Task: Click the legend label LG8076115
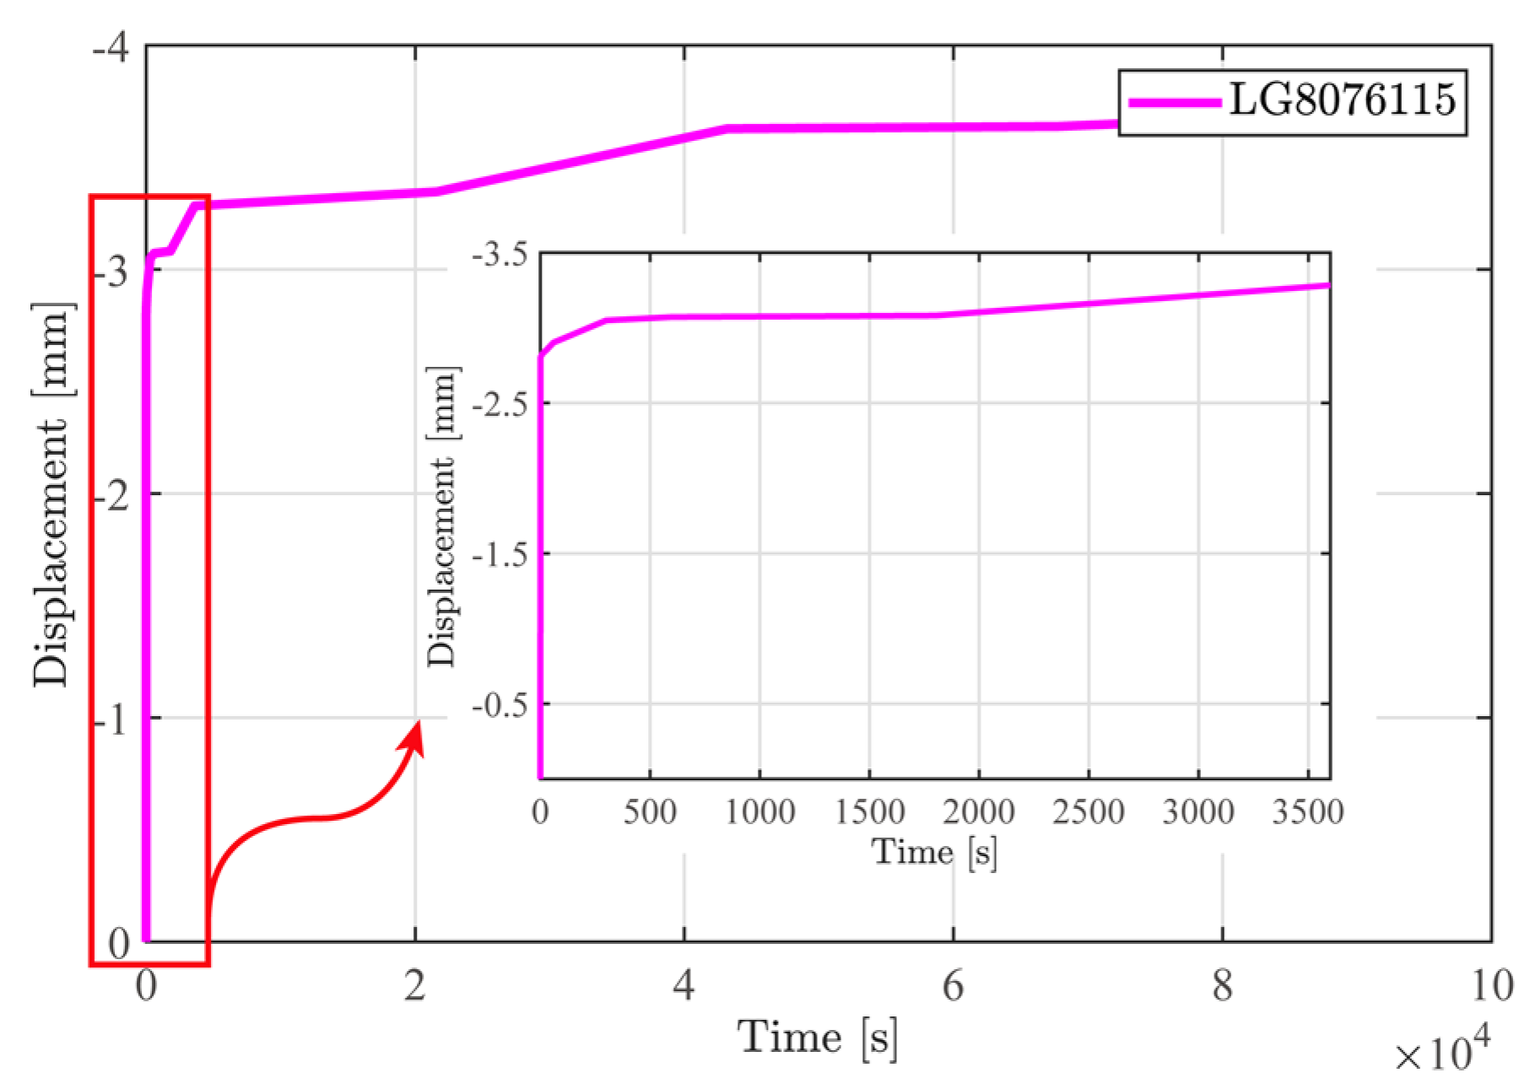[1342, 100]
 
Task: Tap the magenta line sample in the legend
[1175, 102]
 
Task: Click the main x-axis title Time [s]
[817, 1037]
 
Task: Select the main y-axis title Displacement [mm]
[52, 493]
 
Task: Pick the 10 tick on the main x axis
[1491, 985]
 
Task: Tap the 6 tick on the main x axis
[953, 985]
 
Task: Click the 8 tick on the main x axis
[1222, 985]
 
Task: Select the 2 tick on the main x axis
[414, 985]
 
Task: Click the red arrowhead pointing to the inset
[414, 737]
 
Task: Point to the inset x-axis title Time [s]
[934, 852]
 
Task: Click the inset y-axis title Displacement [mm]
[442, 516]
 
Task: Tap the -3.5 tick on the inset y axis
[500, 254]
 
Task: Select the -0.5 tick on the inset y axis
[500, 704]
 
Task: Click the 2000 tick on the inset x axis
[979, 812]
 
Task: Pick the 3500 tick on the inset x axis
[1307, 812]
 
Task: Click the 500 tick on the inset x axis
[650, 812]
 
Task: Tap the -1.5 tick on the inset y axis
[500, 554]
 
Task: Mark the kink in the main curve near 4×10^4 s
[727, 129]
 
